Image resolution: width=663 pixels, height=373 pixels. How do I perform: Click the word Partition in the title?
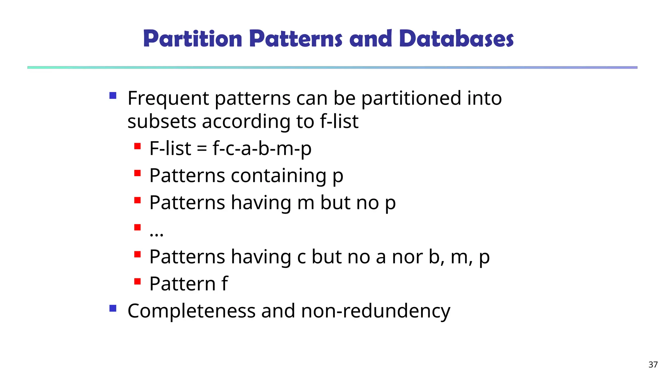click(193, 39)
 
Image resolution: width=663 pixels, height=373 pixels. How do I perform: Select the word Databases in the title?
click(456, 39)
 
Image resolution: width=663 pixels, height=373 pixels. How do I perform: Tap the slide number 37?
click(653, 365)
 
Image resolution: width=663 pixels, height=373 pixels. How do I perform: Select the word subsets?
click(162, 122)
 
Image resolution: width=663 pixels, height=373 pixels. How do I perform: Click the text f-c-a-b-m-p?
click(262, 149)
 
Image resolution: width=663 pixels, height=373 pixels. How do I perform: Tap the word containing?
click(278, 176)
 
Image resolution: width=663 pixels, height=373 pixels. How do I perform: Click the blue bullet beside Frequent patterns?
click(113, 96)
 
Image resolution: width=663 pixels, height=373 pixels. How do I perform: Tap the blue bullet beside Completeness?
click(113, 308)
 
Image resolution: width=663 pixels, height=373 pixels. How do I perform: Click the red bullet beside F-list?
click(138, 146)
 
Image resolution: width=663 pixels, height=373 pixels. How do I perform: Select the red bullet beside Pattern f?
click(138, 281)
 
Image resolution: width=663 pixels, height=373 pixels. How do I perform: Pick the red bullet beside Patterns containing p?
click(138, 174)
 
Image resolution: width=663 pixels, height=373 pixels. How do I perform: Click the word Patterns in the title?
click(296, 39)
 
